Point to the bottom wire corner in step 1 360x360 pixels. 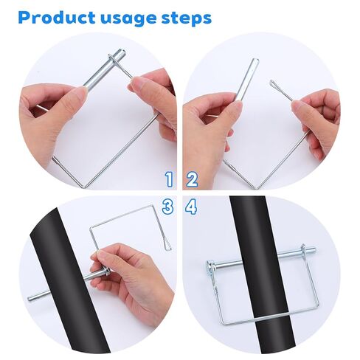tap(82, 184)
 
